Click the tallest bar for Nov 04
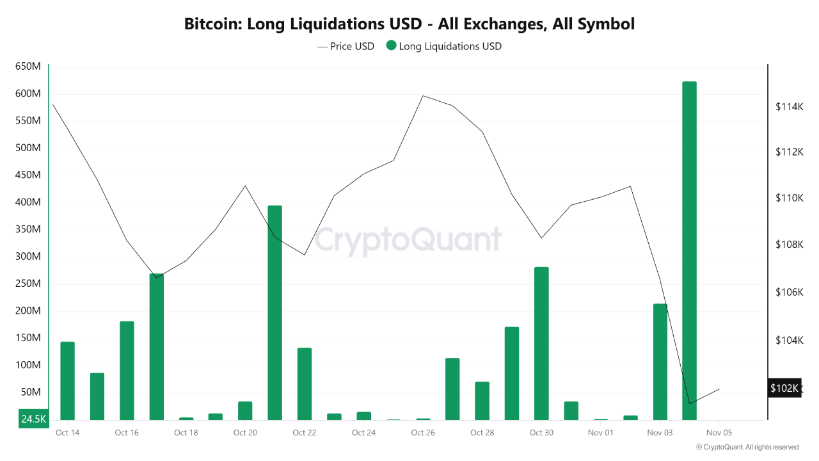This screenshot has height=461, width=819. pos(689,250)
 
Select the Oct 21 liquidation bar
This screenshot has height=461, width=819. pos(274,312)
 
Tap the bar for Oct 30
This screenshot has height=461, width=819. pos(541,343)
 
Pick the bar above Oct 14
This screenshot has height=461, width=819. pos(67,381)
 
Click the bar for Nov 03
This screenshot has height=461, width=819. pos(660,362)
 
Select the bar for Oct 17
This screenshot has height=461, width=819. pos(156,346)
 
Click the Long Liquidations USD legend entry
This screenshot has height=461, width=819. pos(443,46)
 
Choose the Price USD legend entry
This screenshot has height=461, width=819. pos(346,46)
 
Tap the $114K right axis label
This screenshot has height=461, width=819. pos(789,106)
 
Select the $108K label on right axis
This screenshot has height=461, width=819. pos(789,245)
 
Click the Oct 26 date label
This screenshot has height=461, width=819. pos(423,433)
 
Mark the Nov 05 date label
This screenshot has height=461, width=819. pos(719,433)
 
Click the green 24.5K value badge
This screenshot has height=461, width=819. pos(33,419)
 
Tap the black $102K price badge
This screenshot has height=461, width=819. pos(784,388)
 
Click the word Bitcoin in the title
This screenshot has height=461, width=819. pos(212,24)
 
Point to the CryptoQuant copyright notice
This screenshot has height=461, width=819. pos(747,447)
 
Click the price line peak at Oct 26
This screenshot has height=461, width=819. pos(423,96)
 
